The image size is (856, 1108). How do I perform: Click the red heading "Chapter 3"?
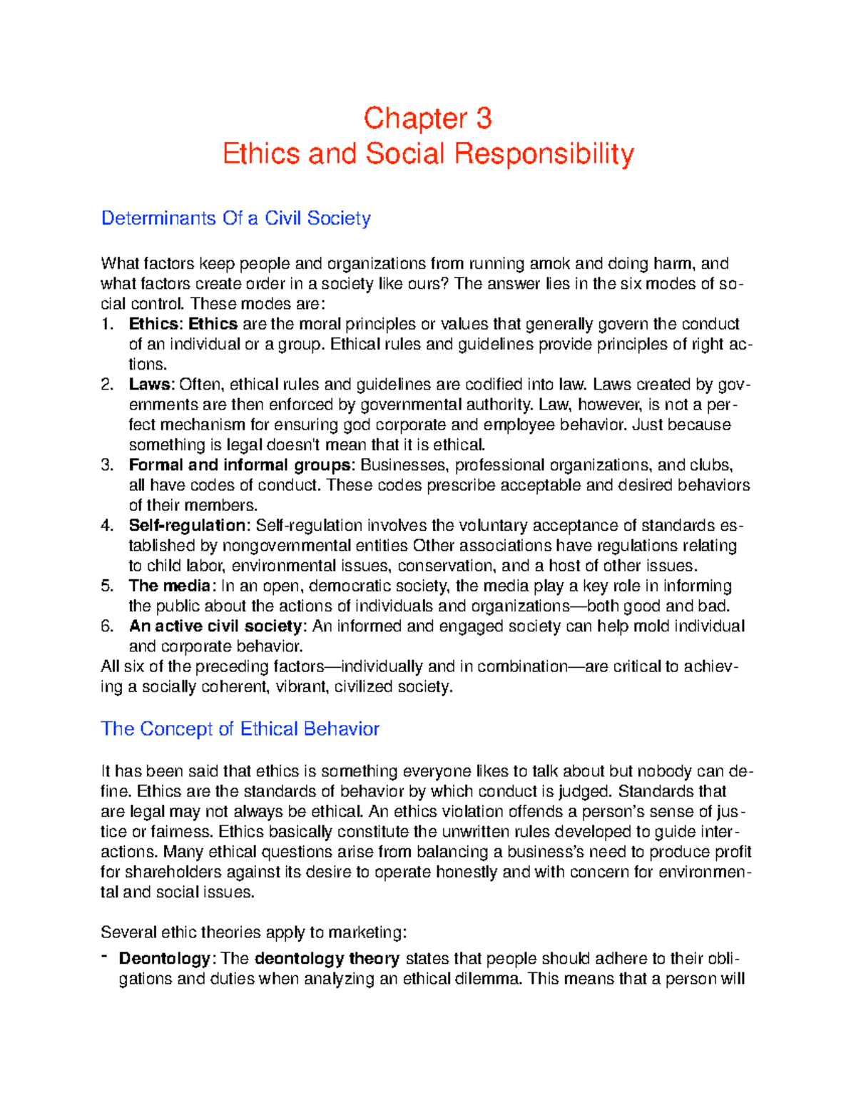tap(427, 118)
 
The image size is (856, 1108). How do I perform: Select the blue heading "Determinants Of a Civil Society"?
tap(235, 218)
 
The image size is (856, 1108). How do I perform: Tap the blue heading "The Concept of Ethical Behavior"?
tap(240, 728)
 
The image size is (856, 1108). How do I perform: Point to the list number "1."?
tap(107, 324)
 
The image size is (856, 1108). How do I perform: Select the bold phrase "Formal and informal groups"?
tap(240, 465)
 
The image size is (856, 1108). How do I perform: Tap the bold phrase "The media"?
tap(169, 586)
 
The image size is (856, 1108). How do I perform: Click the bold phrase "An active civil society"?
tap(215, 626)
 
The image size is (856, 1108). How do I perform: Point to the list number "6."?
tap(107, 626)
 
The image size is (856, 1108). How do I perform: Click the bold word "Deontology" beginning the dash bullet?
tap(164, 958)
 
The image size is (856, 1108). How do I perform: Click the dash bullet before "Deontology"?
tap(104, 956)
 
